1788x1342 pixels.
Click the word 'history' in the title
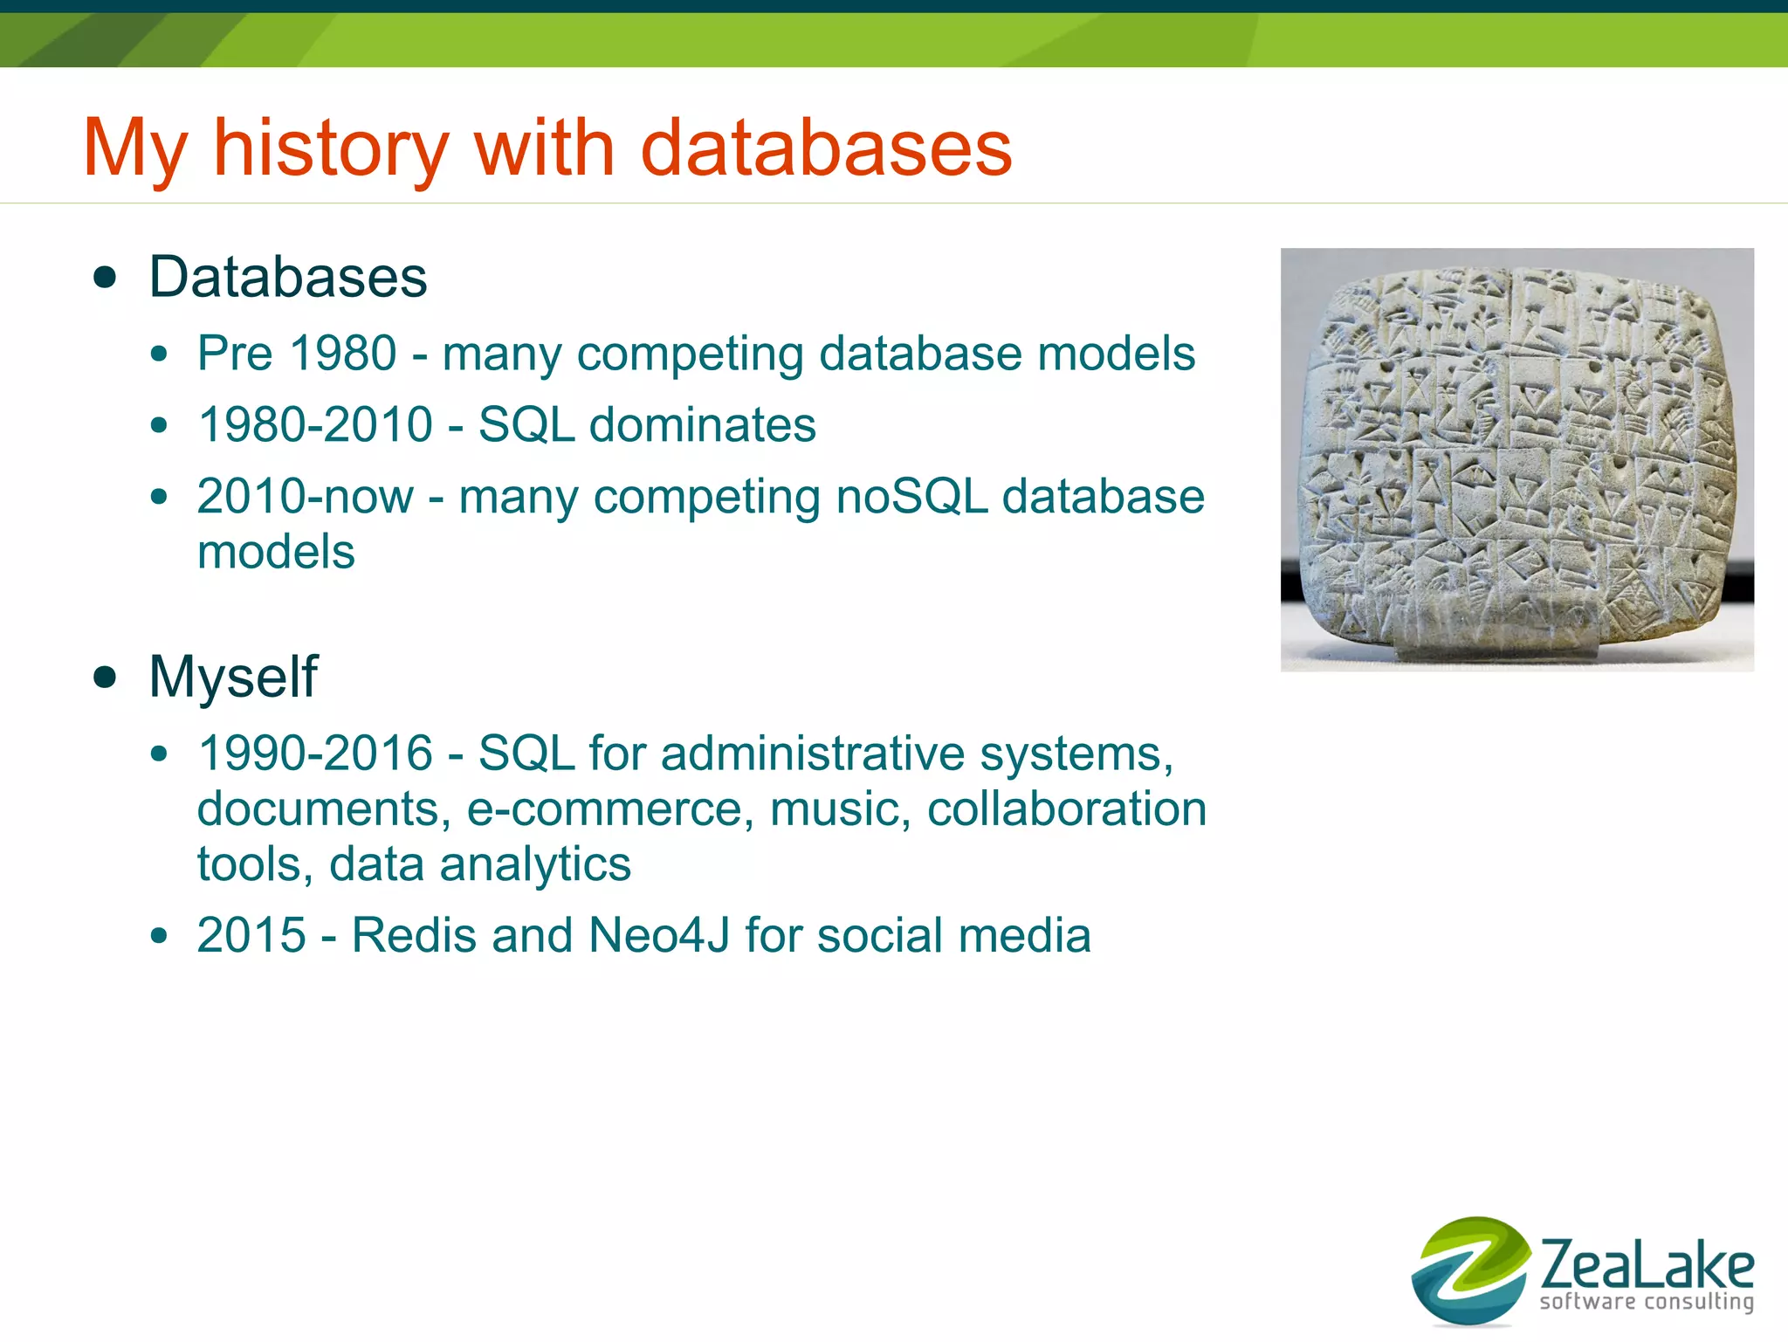(x=331, y=148)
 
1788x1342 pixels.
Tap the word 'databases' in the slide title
(x=826, y=148)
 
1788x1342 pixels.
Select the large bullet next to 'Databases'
(x=105, y=278)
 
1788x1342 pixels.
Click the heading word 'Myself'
(x=233, y=677)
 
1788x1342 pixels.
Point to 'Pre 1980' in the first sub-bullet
(x=297, y=354)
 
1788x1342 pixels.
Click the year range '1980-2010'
(x=315, y=425)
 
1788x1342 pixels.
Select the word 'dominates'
(x=702, y=425)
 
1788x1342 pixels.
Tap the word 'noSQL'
(x=911, y=497)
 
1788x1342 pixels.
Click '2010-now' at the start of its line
(x=305, y=497)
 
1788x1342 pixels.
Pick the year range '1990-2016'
(x=315, y=754)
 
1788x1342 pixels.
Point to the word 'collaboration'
(x=1066, y=809)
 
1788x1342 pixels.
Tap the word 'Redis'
(x=414, y=936)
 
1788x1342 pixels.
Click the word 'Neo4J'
(x=659, y=936)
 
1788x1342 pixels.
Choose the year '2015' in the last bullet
(x=251, y=936)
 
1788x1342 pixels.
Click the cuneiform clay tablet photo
(x=1516, y=459)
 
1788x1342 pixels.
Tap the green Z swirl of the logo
(x=1470, y=1270)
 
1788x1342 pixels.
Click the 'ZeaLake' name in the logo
(x=1647, y=1265)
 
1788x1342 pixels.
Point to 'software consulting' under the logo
(x=1647, y=1302)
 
